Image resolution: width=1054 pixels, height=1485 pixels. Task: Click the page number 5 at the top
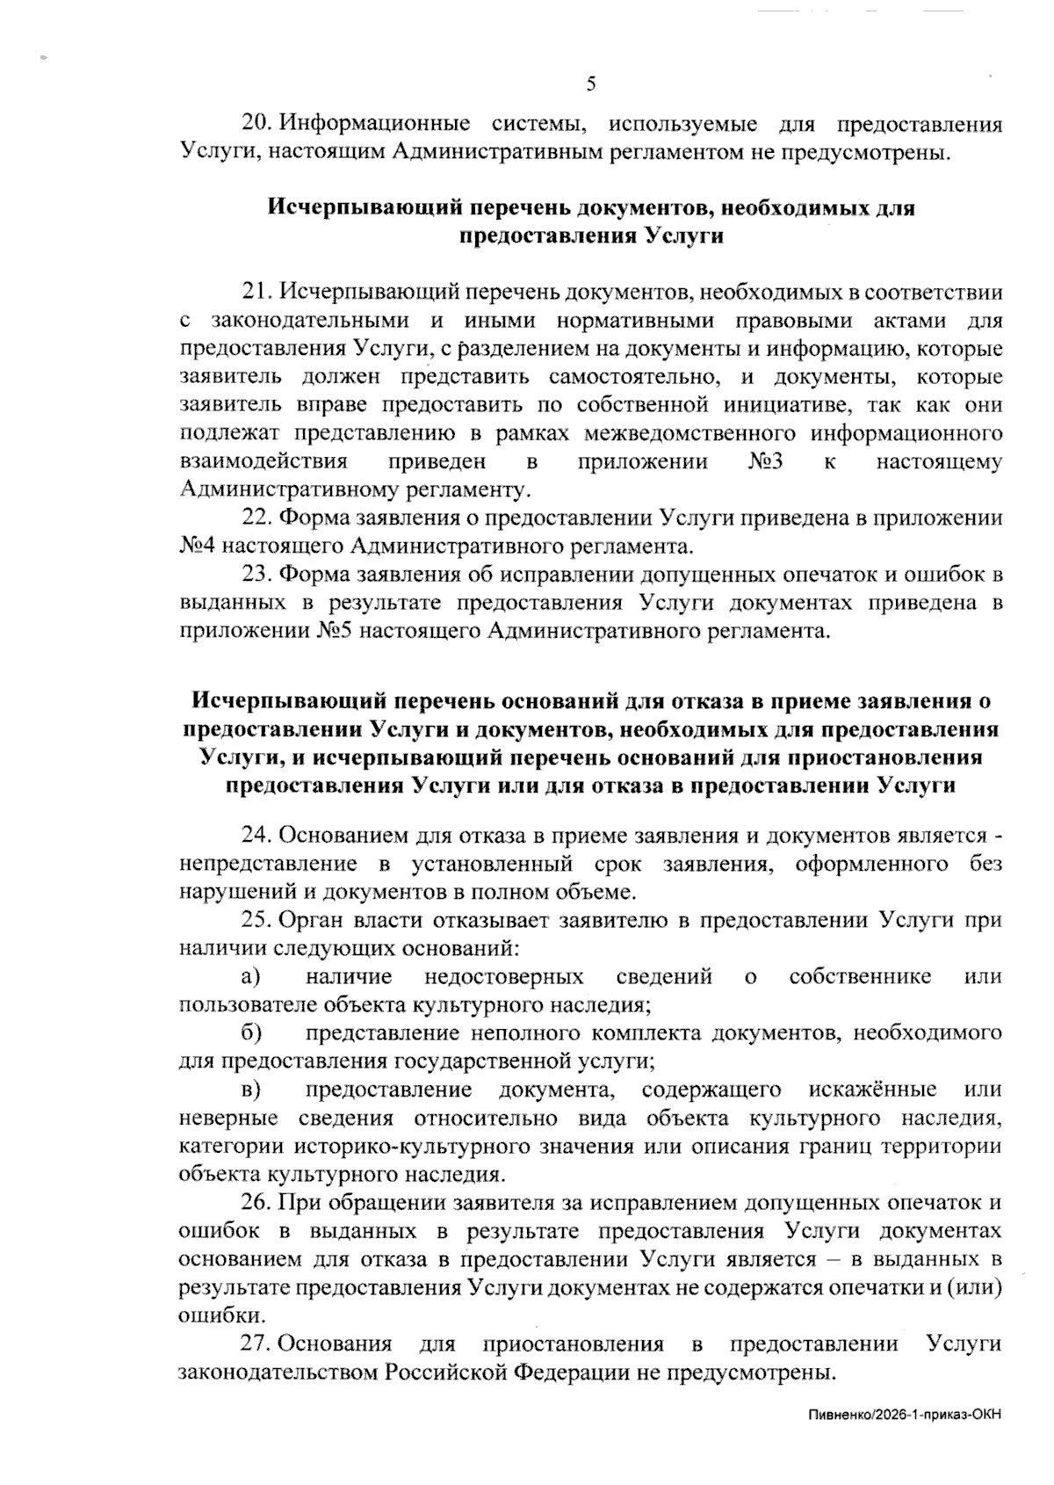tap(590, 84)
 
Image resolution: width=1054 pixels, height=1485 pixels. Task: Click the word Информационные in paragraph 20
tap(373, 124)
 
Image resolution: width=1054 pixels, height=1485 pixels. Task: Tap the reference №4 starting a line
tap(196, 547)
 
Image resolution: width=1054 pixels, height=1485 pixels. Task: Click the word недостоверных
tap(503, 977)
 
